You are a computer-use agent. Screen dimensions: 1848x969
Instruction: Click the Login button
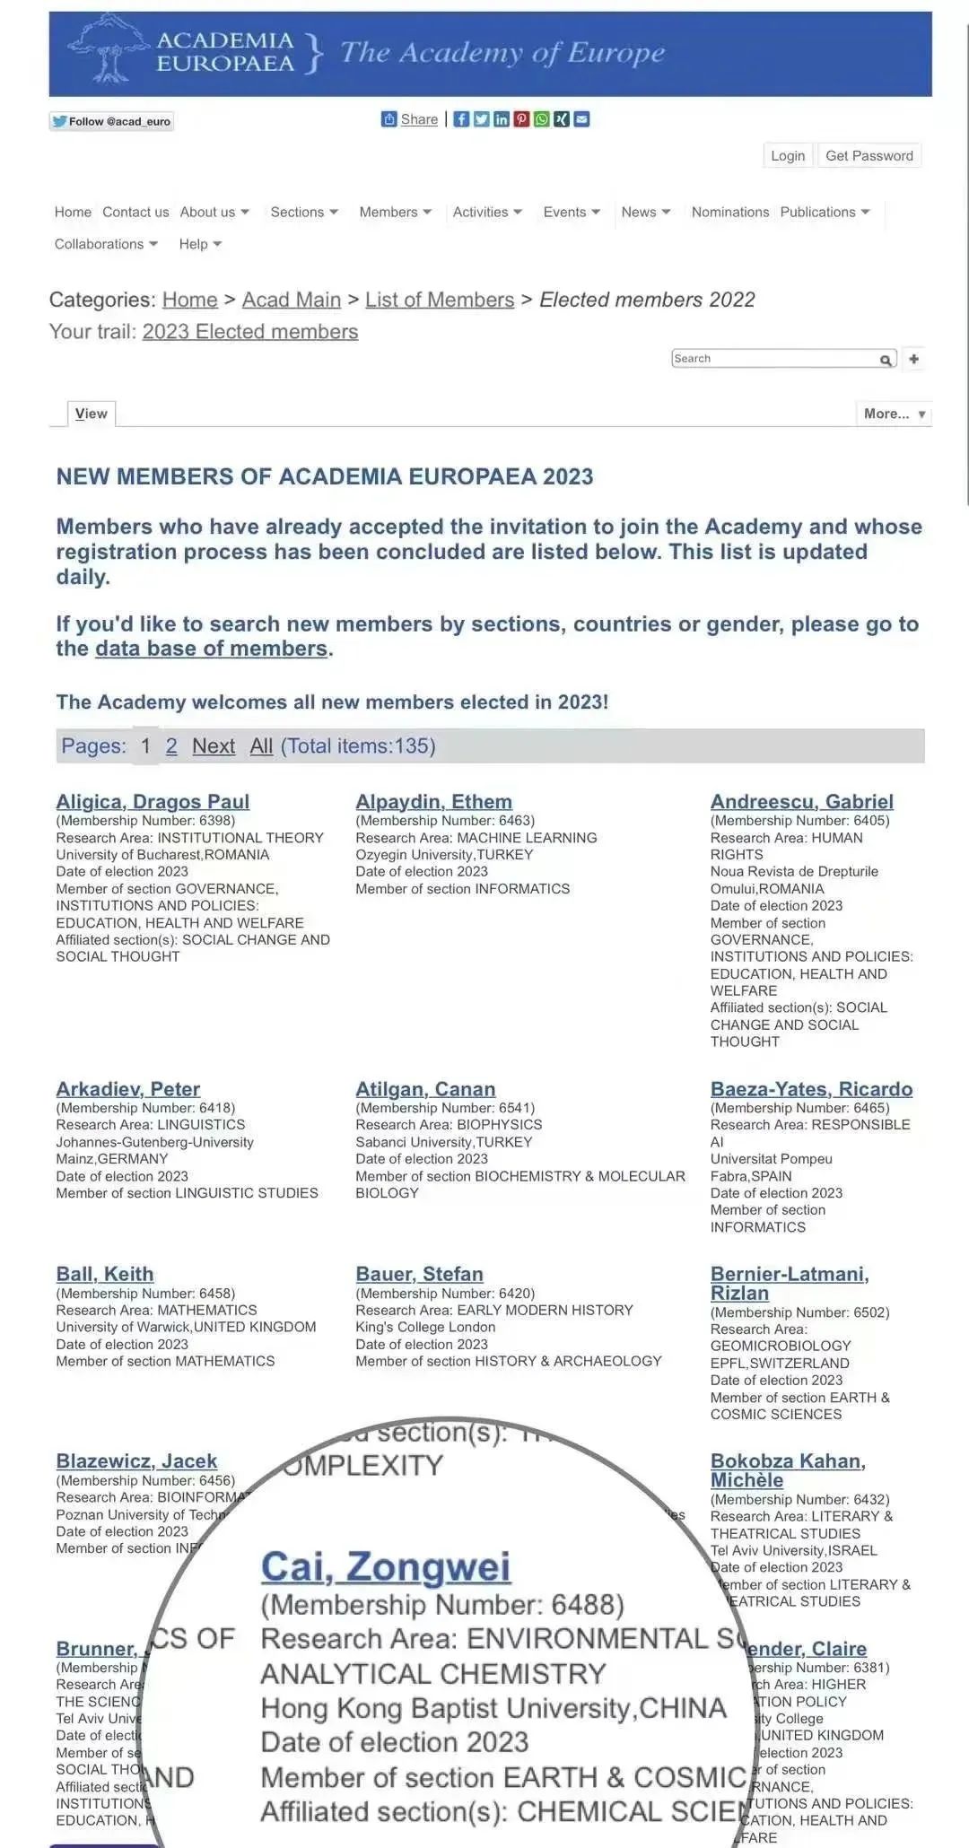pos(787,155)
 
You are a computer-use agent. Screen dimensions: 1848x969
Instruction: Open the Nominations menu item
pos(729,212)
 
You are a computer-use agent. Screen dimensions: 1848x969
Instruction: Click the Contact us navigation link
pos(135,212)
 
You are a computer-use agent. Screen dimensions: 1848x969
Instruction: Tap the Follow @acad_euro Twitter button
pos(111,121)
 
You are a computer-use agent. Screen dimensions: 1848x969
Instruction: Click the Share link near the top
pos(419,119)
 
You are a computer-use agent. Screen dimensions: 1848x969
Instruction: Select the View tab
pos(92,414)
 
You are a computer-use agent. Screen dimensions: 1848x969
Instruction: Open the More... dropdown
pos(894,414)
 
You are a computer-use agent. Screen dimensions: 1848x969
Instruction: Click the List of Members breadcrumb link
pos(440,300)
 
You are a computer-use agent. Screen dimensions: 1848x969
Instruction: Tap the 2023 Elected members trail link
pos(249,331)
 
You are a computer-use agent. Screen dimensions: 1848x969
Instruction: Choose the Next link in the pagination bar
pos(214,745)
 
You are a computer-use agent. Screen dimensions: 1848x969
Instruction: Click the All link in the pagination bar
pos(261,745)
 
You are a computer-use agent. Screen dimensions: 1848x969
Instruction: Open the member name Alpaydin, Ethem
pos(433,801)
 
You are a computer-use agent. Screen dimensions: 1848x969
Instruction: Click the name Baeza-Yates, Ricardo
pos(811,1088)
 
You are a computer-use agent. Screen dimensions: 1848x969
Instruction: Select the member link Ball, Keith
pos(105,1274)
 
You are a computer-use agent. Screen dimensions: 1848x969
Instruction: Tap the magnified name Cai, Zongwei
pos(386,1566)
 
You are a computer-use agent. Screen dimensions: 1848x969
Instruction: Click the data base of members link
pos(212,649)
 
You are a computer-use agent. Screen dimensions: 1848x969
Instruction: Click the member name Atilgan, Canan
pos(425,1088)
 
